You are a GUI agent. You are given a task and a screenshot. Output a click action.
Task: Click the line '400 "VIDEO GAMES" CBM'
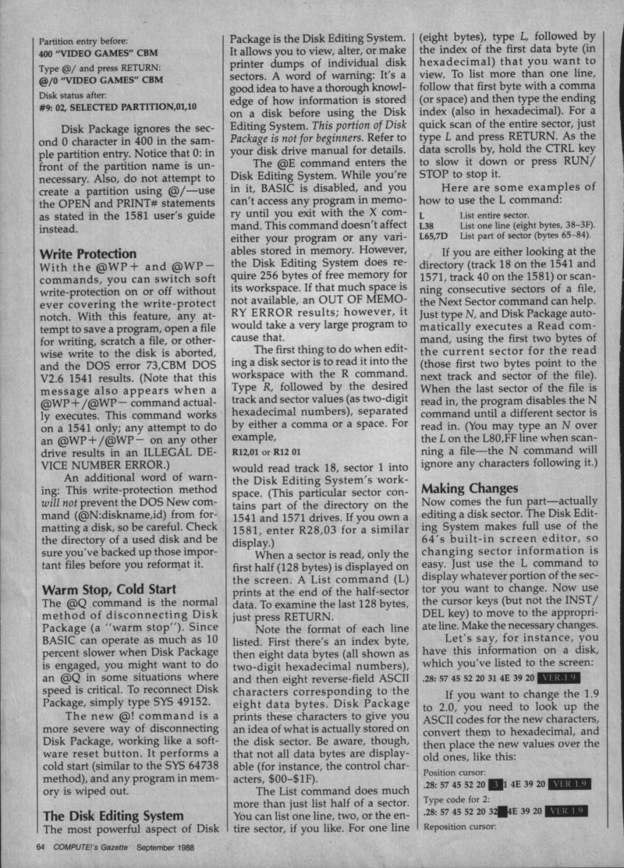point(101,55)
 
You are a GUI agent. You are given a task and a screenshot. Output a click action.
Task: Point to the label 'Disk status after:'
point(73,93)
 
